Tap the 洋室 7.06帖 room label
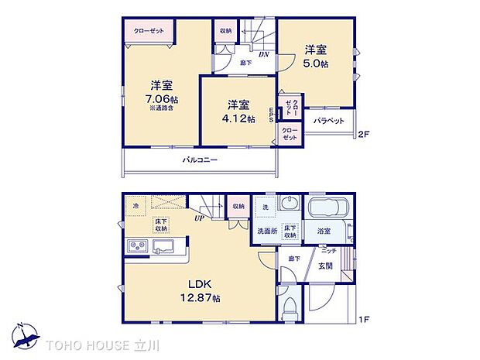pyautogui.click(x=162, y=93)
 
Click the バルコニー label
pyautogui.click(x=200, y=159)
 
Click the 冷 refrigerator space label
pyautogui.click(x=136, y=205)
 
